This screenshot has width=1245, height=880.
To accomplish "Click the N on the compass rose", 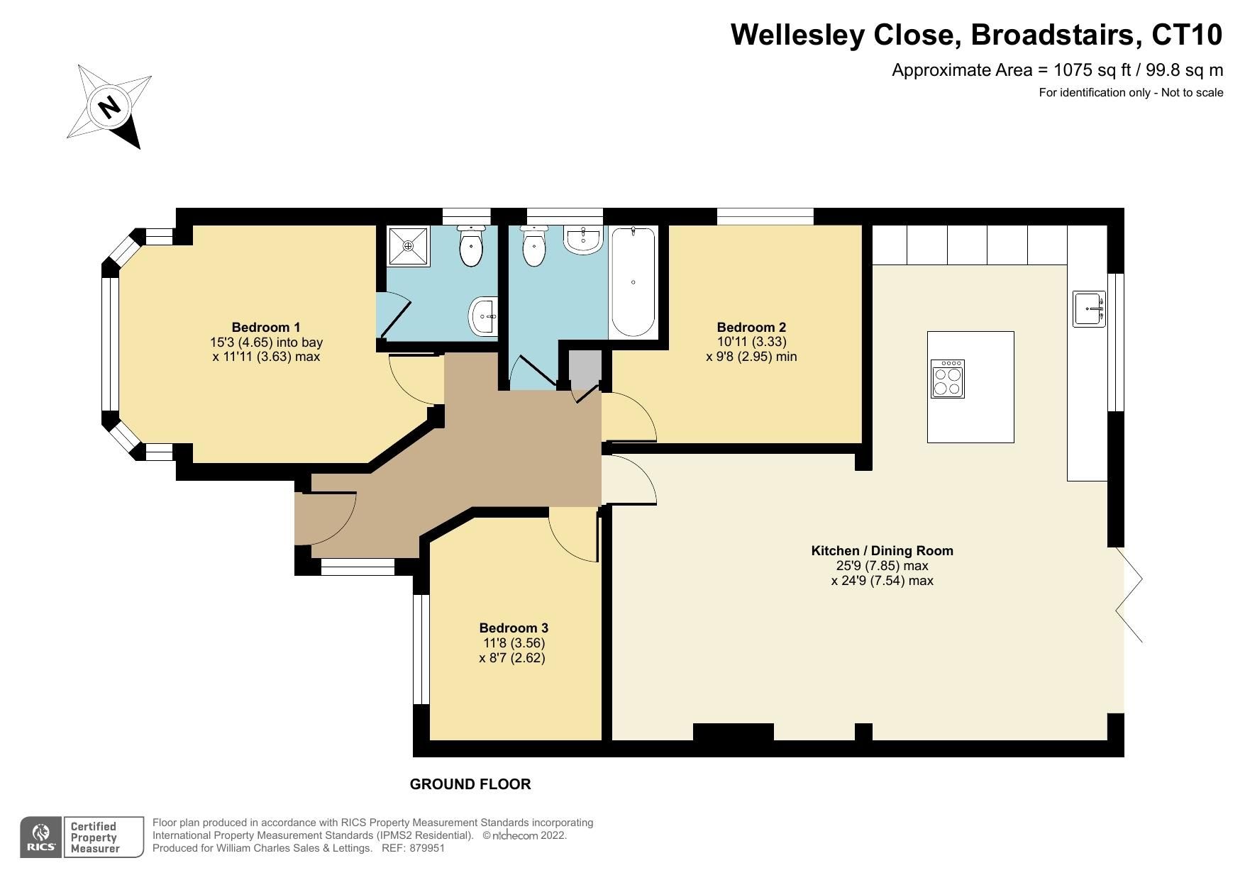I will (109, 107).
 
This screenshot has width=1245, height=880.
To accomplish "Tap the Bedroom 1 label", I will (266, 327).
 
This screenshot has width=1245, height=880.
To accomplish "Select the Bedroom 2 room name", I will (751, 327).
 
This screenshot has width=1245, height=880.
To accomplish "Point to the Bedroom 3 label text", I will (514, 628).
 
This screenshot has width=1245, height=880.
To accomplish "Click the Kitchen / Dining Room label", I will (882, 550).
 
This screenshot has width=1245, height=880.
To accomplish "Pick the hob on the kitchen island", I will (948, 379).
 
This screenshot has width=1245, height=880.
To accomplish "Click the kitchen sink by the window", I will (1089, 309).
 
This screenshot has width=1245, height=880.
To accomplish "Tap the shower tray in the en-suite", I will (408, 246).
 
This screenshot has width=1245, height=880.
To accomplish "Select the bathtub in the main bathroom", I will (633, 282).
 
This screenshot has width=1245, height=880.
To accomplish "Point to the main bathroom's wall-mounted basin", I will (583, 240).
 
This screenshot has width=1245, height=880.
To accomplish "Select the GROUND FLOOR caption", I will (470, 784).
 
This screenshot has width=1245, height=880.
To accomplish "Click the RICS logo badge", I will (41, 837).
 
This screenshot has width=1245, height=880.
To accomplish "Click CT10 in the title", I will (1187, 34).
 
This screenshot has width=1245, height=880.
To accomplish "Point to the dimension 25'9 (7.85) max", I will (882, 566).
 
